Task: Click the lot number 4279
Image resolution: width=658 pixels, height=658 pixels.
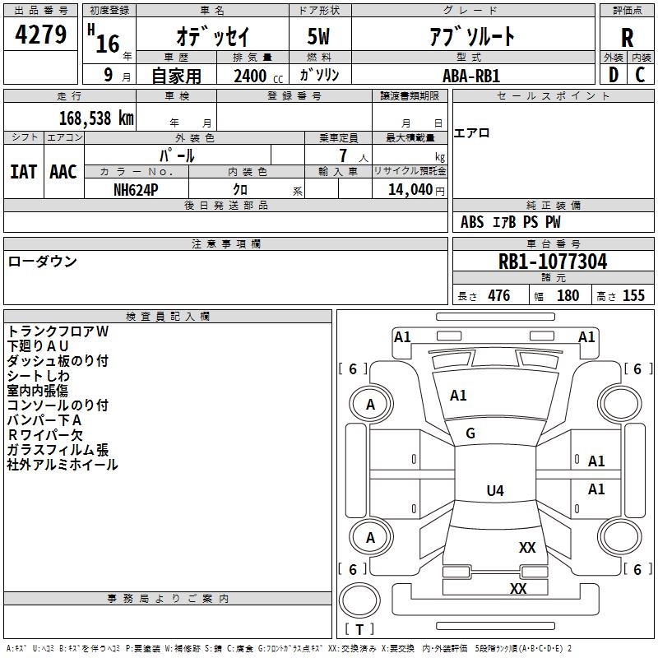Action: tap(40, 35)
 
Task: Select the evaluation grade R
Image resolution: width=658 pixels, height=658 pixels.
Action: tap(627, 38)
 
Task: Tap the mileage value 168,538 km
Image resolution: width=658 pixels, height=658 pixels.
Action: tap(96, 118)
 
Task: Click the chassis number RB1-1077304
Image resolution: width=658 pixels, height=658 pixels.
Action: tap(553, 262)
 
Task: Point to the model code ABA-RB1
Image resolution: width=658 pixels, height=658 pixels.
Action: tap(471, 76)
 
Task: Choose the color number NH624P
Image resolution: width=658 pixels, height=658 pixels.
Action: tap(136, 190)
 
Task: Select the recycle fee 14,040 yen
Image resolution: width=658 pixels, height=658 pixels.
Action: tap(416, 190)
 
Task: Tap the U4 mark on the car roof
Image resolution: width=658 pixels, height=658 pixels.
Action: tap(495, 490)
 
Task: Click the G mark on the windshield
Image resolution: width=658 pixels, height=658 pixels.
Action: tap(470, 433)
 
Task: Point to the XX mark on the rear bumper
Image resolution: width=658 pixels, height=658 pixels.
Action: tap(518, 588)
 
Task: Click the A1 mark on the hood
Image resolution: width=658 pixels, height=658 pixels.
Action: tap(458, 396)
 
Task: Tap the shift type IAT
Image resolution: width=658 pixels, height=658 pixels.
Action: tap(24, 172)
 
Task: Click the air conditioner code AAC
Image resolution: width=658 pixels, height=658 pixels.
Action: tap(63, 172)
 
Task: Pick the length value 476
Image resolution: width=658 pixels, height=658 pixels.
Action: tap(499, 296)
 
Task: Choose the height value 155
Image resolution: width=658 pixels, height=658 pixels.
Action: tap(633, 296)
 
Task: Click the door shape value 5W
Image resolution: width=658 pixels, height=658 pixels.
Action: tap(318, 36)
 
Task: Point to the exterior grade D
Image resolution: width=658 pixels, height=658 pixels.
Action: tap(614, 75)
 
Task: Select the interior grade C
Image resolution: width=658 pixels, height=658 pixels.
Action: tap(640, 75)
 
